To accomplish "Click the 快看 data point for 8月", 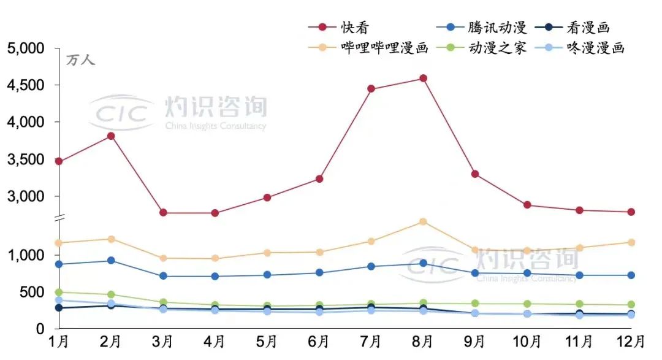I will [x=423, y=79].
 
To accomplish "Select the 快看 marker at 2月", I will [x=111, y=136].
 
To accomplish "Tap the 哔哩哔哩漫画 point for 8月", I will [x=423, y=221].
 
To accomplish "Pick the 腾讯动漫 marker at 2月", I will [x=111, y=261].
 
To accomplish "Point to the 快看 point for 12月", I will [x=631, y=212].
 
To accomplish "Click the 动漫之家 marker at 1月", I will [x=59, y=293].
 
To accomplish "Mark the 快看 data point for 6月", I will [x=319, y=179].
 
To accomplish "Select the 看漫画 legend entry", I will [x=573, y=27].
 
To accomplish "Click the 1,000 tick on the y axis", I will [x=27, y=255].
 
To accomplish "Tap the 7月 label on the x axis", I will [x=371, y=341].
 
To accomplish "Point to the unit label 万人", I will [x=80, y=60].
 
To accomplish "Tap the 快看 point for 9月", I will [x=475, y=174].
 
